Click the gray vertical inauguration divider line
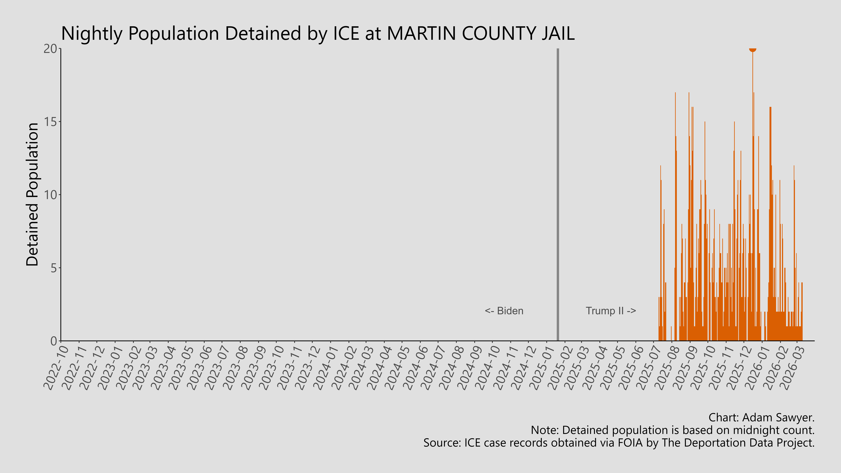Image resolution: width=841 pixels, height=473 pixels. click(558, 196)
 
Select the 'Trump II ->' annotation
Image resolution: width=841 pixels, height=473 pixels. click(611, 311)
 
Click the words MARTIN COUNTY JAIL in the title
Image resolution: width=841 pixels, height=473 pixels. click(481, 33)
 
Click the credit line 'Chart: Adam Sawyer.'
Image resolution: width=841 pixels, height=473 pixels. click(761, 417)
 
